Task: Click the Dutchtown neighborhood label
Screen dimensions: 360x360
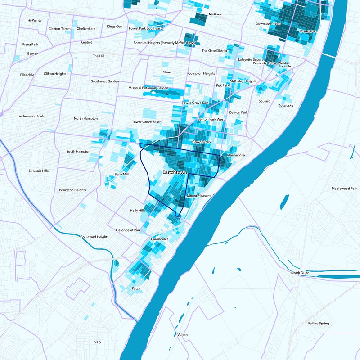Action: coord(175,172)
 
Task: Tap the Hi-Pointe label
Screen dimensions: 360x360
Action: coord(34,20)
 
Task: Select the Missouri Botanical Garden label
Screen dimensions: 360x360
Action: coord(148,88)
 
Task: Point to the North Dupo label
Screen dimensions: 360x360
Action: coord(301,273)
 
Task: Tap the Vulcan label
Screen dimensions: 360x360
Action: coord(182,335)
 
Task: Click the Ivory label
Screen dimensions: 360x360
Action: coord(97,342)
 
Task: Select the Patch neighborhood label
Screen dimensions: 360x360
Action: coord(136,288)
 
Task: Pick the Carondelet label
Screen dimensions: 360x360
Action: coord(159,239)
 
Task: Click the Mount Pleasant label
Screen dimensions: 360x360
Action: coord(198,196)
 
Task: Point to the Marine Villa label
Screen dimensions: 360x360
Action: coord(236,155)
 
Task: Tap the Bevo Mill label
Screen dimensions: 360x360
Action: coord(121,174)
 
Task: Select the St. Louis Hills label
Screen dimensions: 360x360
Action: coord(39,171)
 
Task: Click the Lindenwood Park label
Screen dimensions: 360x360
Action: coord(31,116)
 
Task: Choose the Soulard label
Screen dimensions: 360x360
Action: coord(265,101)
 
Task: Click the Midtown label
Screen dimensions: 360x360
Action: coord(215,14)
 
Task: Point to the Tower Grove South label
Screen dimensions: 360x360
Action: coord(146,122)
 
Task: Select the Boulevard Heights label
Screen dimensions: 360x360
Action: coord(94,237)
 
